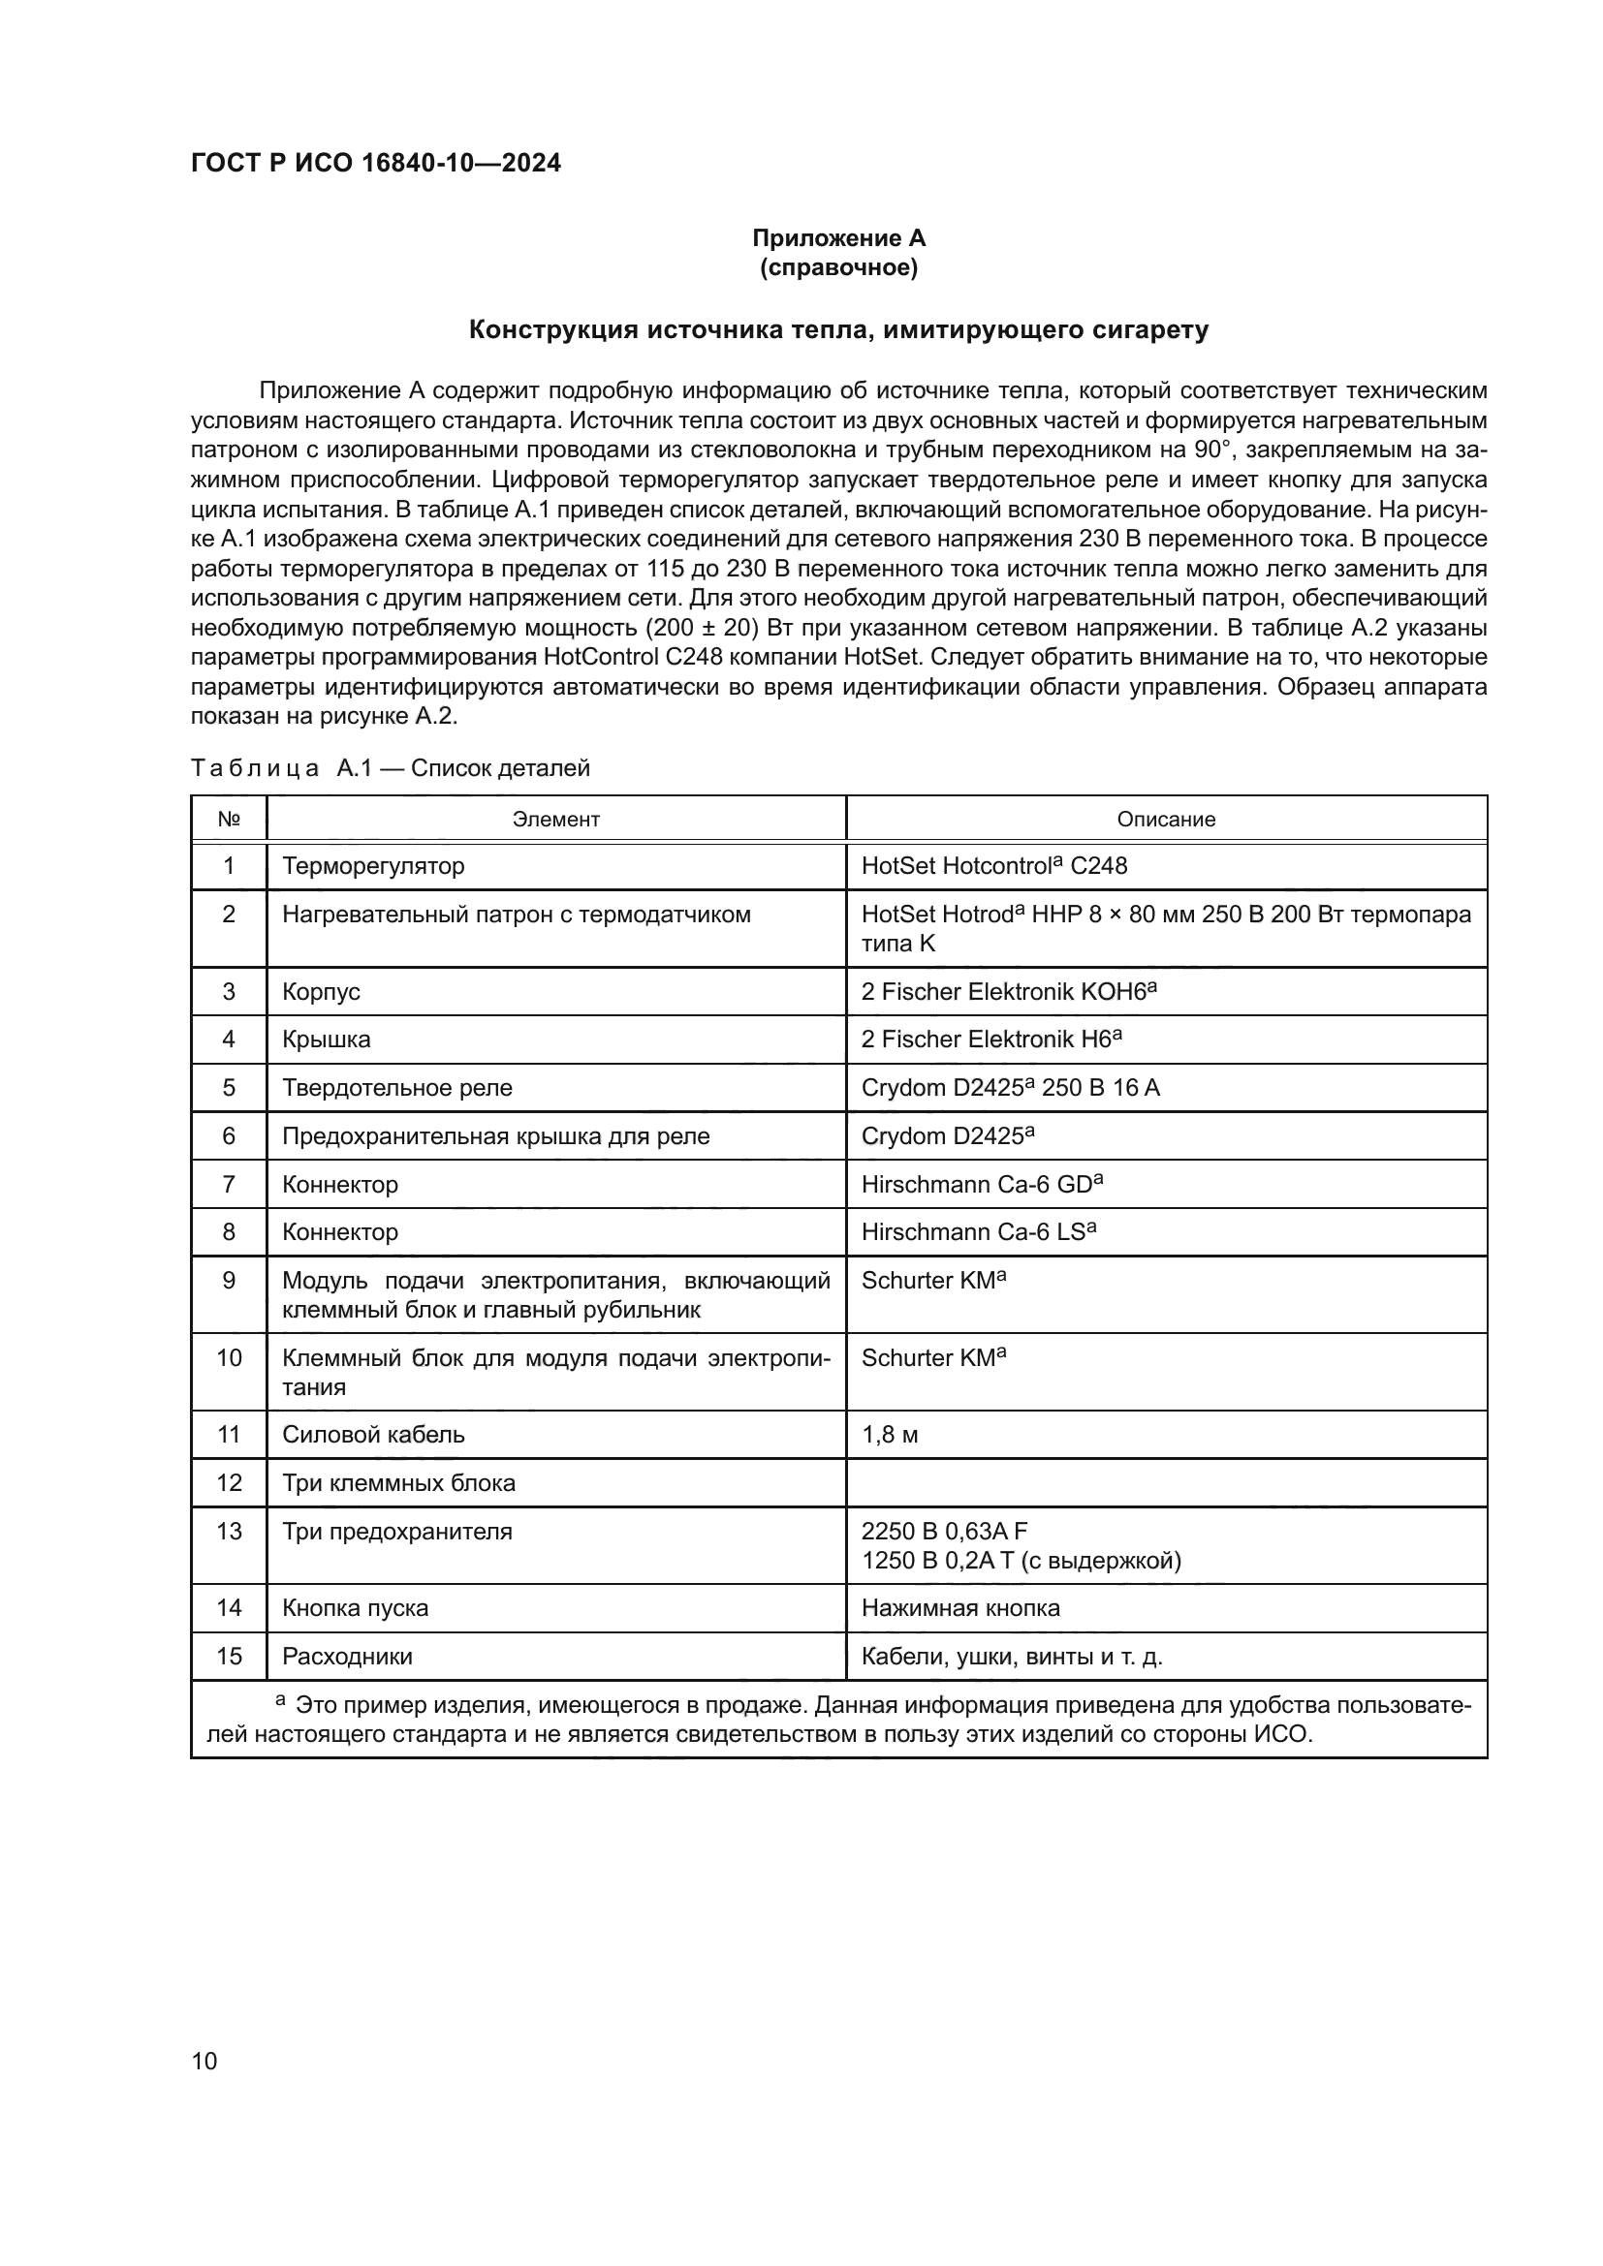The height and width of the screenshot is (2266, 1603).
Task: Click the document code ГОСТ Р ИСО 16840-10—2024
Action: coord(375,163)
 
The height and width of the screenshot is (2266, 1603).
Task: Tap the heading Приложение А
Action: coord(838,238)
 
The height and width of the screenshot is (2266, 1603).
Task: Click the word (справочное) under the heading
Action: coord(838,267)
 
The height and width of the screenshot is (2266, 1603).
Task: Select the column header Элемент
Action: coord(555,820)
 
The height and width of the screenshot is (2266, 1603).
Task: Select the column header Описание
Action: coord(1166,820)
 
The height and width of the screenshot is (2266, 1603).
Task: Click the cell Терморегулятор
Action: coord(373,865)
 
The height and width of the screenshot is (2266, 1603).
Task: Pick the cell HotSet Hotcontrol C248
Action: coord(994,865)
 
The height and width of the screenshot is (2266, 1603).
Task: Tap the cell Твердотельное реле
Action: coord(396,1088)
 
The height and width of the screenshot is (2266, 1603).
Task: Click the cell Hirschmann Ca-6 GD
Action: coord(981,1184)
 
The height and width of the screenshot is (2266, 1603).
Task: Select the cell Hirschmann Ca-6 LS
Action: coord(978,1231)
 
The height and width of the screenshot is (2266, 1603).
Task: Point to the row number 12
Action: coord(229,1482)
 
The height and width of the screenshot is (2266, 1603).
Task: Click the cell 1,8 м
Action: coord(890,1434)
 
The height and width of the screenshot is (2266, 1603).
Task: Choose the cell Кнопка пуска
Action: coord(356,1608)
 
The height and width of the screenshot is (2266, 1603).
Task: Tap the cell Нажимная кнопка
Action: coord(960,1608)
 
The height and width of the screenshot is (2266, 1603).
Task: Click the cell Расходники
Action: coord(348,1656)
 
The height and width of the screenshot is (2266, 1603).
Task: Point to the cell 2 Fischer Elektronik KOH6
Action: coord(1008,991)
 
